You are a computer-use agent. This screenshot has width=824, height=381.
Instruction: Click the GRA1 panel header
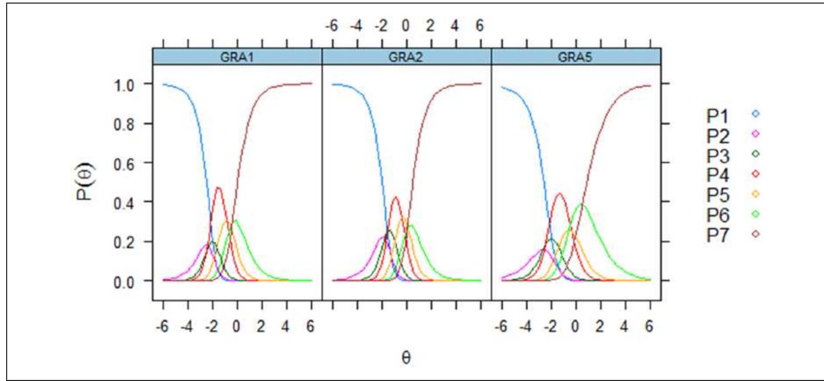[x=237, y=57]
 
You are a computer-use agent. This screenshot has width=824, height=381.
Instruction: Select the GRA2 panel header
[x=406, y=57]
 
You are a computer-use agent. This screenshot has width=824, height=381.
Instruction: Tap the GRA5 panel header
[x=576, y=57]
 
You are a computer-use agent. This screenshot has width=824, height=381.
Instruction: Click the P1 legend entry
[x=733, y=115]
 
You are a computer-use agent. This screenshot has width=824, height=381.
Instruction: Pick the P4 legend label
[x=718, y=175]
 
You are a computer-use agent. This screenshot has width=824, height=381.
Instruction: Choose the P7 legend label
[x=718, y=235]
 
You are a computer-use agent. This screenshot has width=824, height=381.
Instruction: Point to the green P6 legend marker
[x=755, y=214]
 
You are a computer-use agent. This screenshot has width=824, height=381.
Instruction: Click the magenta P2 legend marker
[x=755, y=134]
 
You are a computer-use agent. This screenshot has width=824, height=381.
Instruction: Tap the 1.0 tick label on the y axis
[x=125, y=86]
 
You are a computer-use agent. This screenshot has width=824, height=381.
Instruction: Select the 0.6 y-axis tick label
[x=125, y=164]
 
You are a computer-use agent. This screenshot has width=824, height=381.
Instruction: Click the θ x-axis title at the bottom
[x=406, y=357]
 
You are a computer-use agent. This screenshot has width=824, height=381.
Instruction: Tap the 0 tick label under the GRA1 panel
[x=237, y=327]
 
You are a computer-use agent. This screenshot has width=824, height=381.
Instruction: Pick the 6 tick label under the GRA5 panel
[x=650, y=327]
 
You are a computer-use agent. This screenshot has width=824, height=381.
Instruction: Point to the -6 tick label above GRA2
[x=332, y=26]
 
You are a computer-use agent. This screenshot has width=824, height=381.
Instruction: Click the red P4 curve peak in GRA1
[x=218, y=188]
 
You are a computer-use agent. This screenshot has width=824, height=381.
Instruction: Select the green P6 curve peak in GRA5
[x=582, y=204]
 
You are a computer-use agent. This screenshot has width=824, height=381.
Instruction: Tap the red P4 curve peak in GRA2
[x=396, y=197]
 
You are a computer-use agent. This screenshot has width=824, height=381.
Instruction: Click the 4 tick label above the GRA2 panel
[x=455, y=26]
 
